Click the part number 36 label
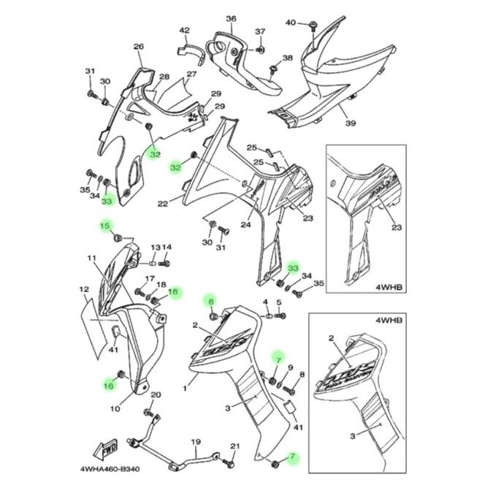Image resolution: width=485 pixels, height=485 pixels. tap(231, 18)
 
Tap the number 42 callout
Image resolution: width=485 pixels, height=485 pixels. tap(184, 31)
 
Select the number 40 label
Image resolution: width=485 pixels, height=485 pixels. tap(291, 23)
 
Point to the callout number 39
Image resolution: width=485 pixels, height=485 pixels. tap(351, 123)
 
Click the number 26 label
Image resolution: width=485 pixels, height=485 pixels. tap(138, 47)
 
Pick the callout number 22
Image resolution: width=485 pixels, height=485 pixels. tap(163, 203)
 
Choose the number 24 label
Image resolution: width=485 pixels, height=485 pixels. tap(245, 225)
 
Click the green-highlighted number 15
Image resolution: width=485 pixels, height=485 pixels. tap(105, 226)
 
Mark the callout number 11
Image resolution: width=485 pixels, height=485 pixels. tap(91, 258)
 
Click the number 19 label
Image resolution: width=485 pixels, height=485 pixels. tap(196, 443)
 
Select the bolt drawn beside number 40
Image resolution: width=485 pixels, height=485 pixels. tap(313, 26)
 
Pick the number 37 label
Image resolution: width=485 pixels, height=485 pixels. tap(259, 31)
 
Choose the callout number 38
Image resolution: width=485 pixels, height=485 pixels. tap(287, 58)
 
